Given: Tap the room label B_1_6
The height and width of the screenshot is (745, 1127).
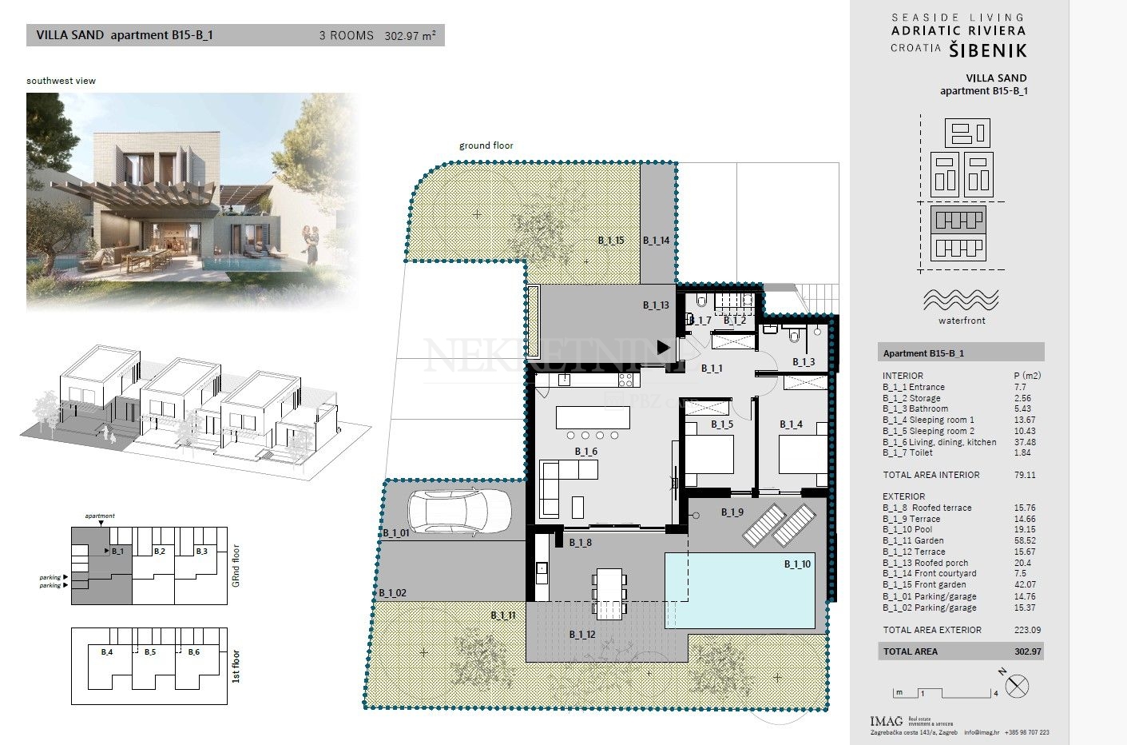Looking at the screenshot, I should tap(585, 452).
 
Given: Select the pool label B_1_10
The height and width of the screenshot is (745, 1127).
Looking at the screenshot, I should tap(796, 564).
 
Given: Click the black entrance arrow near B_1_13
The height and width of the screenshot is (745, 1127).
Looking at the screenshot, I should tap(663, 347).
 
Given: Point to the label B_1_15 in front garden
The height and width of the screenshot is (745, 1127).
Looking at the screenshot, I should tap(611, 240).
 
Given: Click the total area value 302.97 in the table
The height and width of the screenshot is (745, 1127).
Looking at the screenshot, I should tap(1027, 651).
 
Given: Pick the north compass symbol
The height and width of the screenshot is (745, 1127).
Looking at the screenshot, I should tap(1018, 686).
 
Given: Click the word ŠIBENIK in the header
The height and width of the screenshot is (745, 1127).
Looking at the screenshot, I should tap(987, 50).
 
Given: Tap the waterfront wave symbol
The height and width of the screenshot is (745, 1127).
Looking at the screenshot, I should tap(962, 300).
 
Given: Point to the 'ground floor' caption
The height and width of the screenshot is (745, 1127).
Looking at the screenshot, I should tap(486, 145).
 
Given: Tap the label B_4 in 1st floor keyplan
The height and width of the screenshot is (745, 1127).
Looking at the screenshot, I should tap(106, 652).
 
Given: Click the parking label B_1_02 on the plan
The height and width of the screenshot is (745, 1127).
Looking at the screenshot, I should tap(392, 592).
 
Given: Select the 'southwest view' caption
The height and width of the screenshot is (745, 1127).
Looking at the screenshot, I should tap(61, 81).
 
